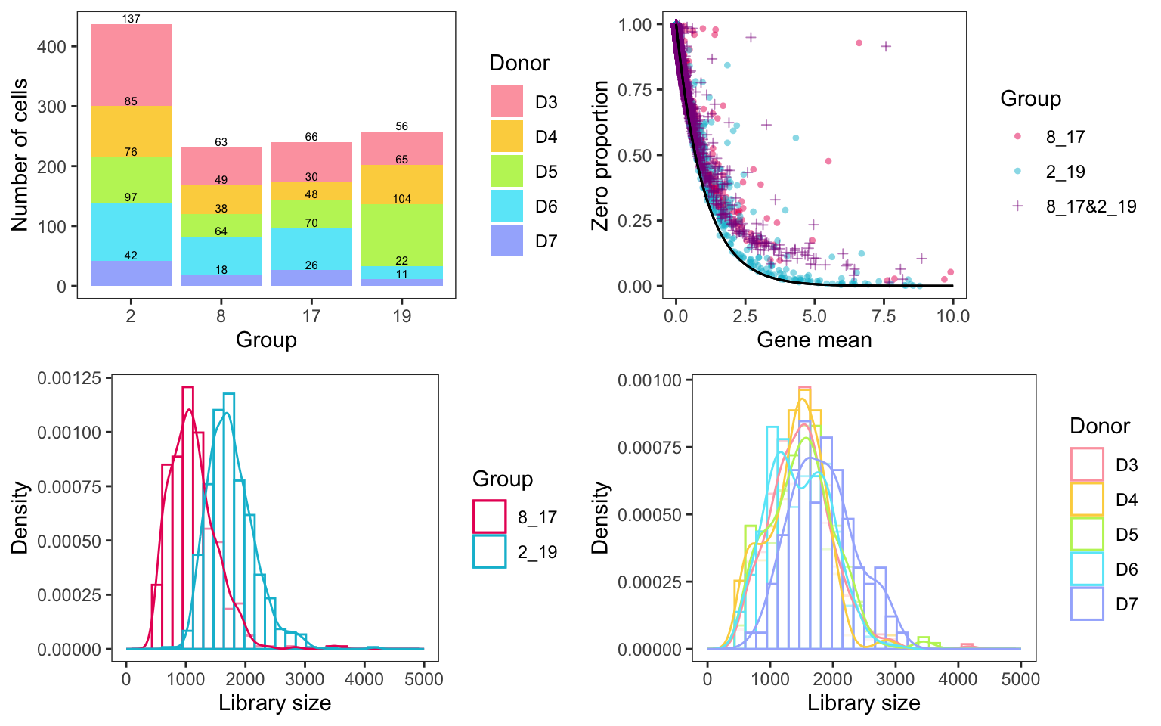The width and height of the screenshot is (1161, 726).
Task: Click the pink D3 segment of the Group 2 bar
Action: click(131, 64)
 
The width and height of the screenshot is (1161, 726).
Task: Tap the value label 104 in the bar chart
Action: click(401, 199)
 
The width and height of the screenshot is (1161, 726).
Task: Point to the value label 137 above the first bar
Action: click(131, 19)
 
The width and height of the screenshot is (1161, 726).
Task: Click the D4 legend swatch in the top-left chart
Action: click(506, 136)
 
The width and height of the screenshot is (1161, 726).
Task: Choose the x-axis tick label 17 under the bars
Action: click(311, 316)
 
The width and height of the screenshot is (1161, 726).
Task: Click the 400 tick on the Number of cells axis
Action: click(51, 47)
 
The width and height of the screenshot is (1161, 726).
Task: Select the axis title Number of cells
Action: click(20, 155)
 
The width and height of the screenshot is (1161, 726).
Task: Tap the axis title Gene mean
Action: click(814, 340)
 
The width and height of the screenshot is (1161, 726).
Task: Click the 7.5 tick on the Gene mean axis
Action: click(884, 316)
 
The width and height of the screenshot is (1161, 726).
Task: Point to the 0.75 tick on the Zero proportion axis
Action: click(635, 91)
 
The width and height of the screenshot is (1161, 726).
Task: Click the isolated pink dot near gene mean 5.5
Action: click(828, 161)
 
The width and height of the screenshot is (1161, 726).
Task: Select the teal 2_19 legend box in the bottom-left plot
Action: click(489, 552)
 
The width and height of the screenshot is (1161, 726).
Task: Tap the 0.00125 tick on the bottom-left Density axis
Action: click(69, 379)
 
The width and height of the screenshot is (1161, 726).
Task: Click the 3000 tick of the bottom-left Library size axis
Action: click(305, 678)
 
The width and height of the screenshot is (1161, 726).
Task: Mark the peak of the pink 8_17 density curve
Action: click(189, 410)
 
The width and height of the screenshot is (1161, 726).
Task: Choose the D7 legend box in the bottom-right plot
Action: click(1087, 603)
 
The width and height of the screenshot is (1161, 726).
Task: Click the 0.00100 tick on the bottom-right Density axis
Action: click(649, 380)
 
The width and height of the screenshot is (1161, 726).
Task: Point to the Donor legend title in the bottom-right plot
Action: click(1099, 426)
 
